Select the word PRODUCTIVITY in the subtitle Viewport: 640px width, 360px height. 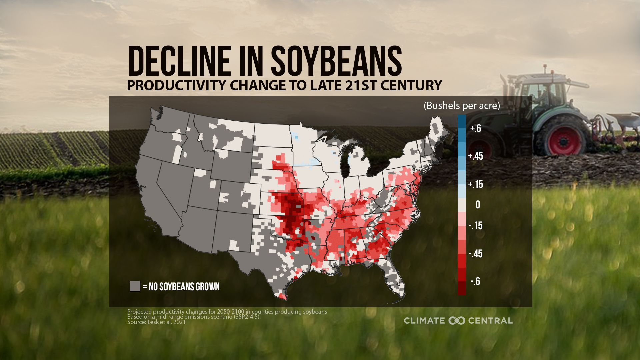176,85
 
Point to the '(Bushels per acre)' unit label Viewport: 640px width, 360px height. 461,106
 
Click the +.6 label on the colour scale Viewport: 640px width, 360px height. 475,128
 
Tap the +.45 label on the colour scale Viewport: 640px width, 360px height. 475,156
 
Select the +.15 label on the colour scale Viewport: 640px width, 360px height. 475,184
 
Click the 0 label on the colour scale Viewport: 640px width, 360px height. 478,205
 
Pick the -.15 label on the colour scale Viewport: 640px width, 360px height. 475,226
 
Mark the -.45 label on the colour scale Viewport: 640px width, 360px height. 475,254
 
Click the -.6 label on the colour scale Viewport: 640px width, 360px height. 475,281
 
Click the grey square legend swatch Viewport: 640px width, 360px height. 135,286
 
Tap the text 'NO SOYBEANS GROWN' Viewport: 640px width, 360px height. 184,287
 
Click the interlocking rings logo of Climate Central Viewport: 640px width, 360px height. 456,321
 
